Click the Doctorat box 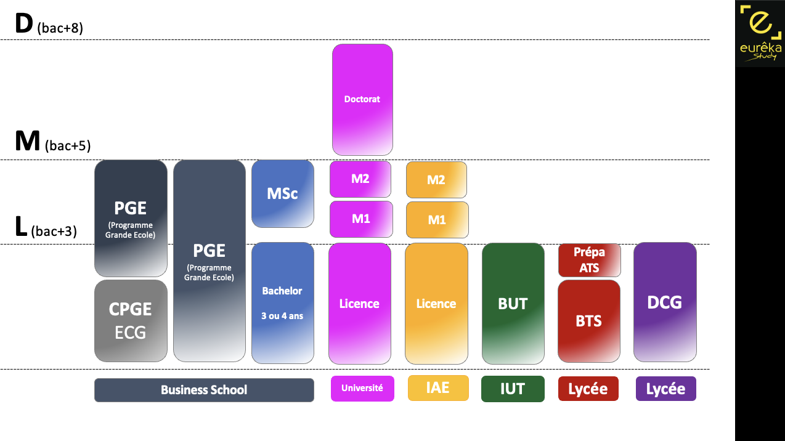[362, 99]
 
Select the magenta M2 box [360, 179]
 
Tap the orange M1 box [437, 219]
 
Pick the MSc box [283, 193]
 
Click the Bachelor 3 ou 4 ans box [283, 302]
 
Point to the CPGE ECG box [131, 321]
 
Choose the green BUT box [513, 303]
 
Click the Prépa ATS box [589, 260]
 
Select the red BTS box [589, 321]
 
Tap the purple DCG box [665, 302]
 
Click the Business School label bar [204, 390]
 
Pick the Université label [362, 388]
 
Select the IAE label [437, 388]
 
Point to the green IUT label [513, 389]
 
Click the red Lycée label [588, 389]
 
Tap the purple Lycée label [665, 389]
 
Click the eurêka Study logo [760, 34]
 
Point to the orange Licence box [436, 303]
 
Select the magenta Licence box [360, 303]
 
